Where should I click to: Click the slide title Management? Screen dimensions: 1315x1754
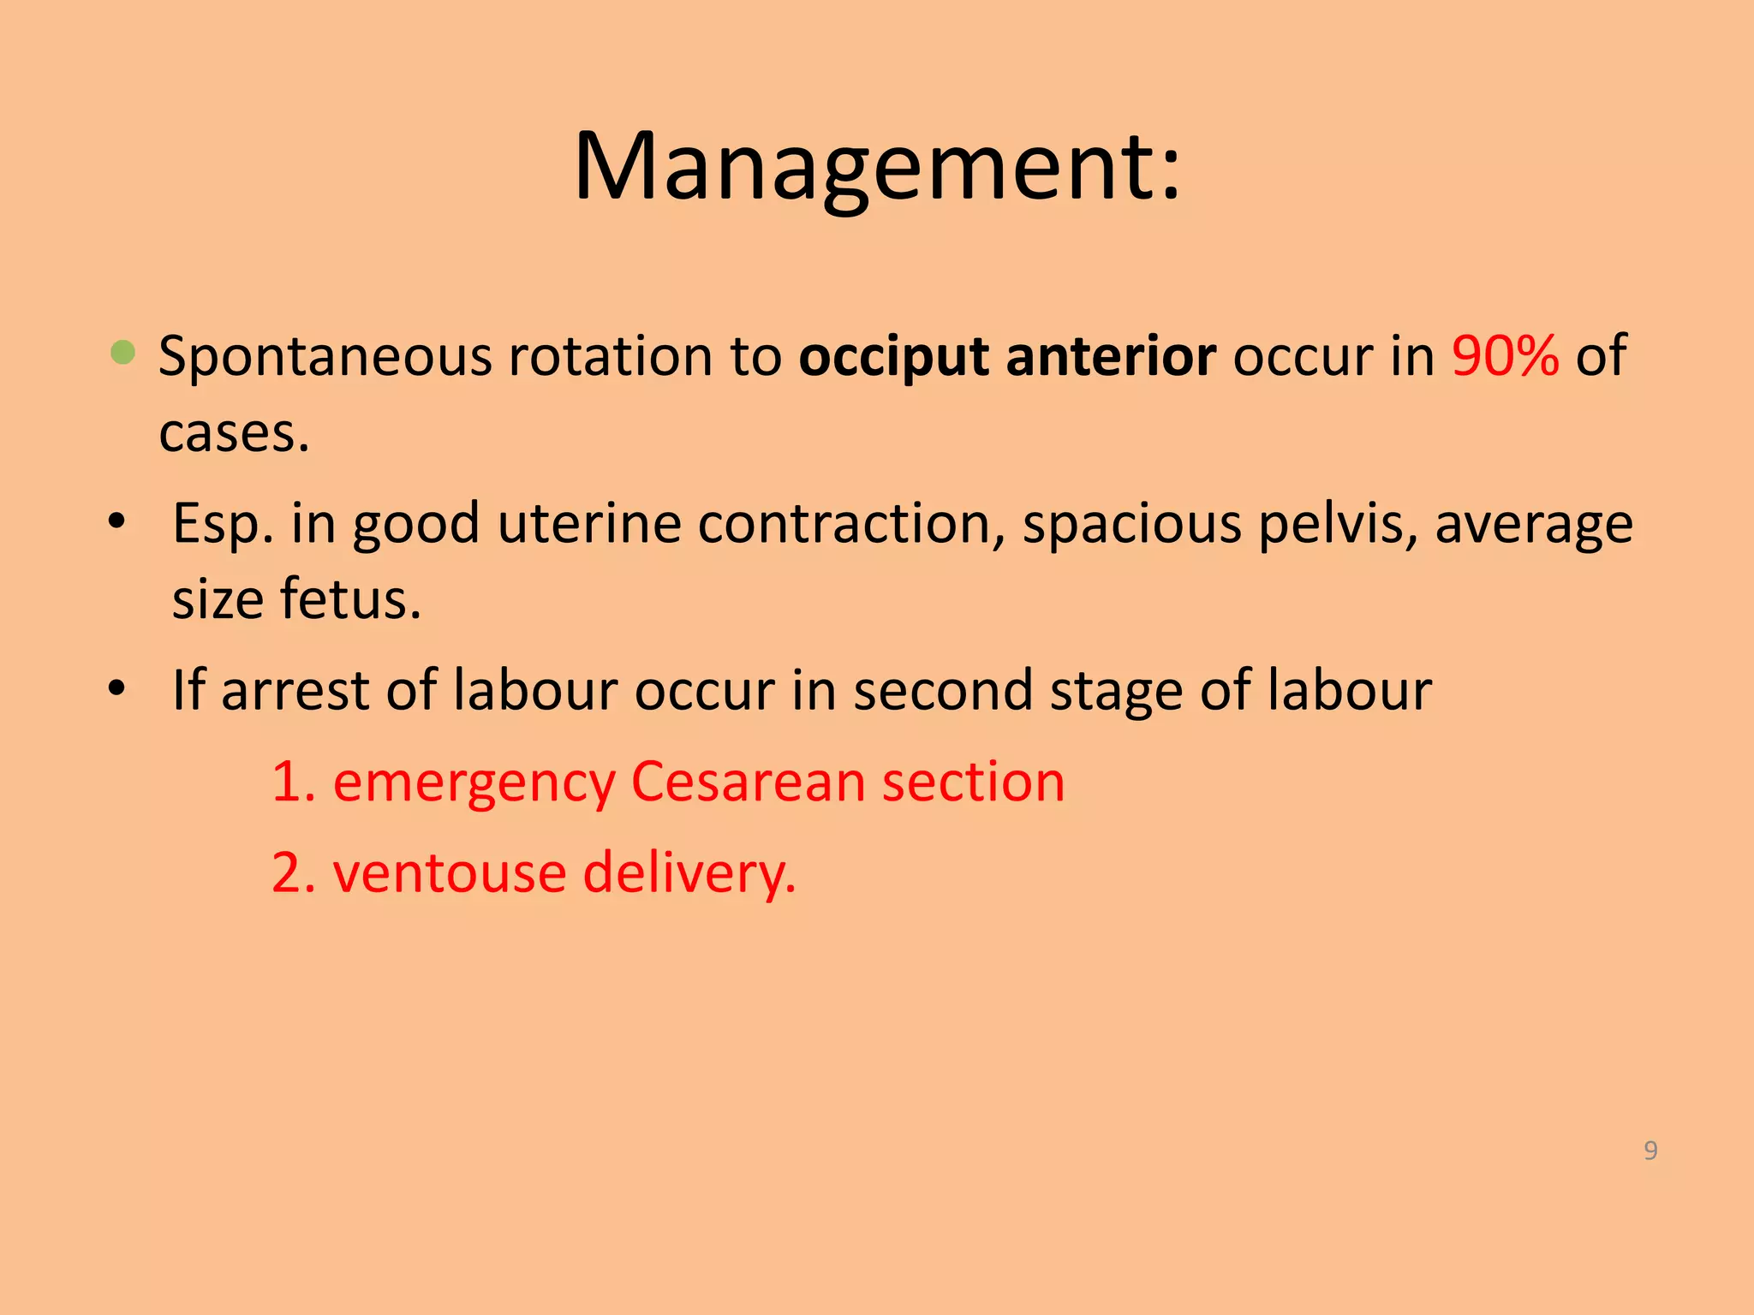877,167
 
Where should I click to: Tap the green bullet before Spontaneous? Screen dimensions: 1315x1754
123,353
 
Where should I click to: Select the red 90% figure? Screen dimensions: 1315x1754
1505,355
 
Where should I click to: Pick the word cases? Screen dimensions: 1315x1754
233,433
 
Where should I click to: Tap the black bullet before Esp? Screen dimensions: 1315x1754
117,521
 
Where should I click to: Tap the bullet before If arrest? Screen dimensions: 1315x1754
117,688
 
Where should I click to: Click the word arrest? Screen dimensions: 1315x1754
295,690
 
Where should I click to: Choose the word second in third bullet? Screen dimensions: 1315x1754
942,690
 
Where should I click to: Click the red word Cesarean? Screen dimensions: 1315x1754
748,782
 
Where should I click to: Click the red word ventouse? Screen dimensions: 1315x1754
450,874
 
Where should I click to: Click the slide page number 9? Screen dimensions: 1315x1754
1650,1150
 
